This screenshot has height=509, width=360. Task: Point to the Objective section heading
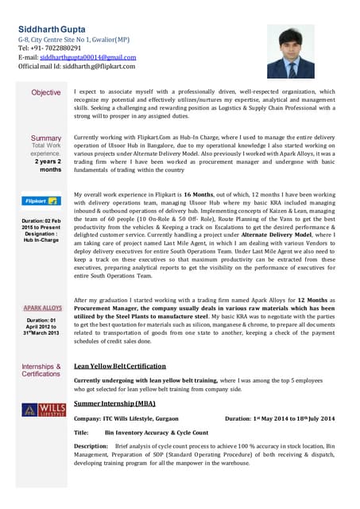[x=45, y=93]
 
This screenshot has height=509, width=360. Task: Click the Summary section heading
[x=45, y=138]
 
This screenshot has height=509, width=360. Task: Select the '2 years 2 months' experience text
[x=47, y=165]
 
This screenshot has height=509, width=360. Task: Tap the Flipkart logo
[x=41, y=201]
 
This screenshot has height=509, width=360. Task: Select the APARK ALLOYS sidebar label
[x=42, y=307]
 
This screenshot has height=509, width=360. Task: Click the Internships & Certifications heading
[x=41, y=370]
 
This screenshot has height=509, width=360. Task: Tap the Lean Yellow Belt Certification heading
[x=119, y=367]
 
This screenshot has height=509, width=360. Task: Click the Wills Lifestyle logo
[x=41, y=410]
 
